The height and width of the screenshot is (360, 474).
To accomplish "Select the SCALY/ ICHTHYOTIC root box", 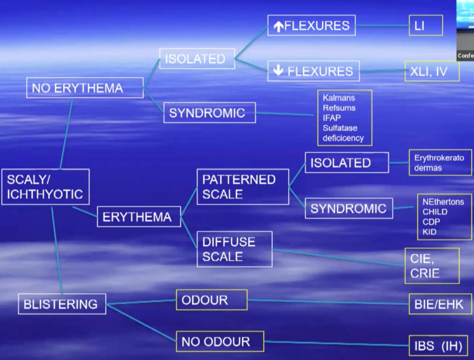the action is point(45,187).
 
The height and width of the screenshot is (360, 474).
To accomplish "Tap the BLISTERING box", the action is point(62,304).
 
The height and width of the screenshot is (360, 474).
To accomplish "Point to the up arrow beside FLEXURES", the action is point(279,26).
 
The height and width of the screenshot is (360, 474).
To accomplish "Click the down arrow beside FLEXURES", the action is point(278,70).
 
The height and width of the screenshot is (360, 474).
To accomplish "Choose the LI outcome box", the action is point(425,26).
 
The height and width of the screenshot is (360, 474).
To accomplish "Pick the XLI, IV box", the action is point(431,71).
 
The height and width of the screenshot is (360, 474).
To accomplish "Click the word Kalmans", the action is point(339,98).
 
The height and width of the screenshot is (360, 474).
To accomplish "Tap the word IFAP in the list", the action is point(332,118).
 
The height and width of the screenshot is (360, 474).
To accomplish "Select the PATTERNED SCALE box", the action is point(243,187).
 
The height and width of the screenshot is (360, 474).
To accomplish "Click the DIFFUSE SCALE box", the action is point(235,249).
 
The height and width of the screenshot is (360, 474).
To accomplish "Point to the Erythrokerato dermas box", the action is point(440,163).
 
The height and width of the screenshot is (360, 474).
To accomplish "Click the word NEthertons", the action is point(443,202).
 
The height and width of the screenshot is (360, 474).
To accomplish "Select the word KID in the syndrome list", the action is point(429,232).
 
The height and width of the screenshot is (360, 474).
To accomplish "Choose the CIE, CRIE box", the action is point(432,266).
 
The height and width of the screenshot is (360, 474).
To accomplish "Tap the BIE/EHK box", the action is point(438,304).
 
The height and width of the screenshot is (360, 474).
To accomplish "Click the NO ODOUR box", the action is point(220,342).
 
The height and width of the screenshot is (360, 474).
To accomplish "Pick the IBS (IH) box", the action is point(438,345).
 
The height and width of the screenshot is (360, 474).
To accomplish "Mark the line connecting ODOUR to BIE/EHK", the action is point(327,302).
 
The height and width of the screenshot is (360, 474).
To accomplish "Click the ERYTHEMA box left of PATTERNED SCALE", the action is point(139,217).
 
